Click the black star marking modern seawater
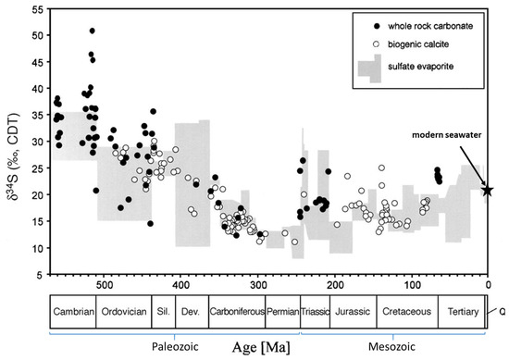coord(488,190)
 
